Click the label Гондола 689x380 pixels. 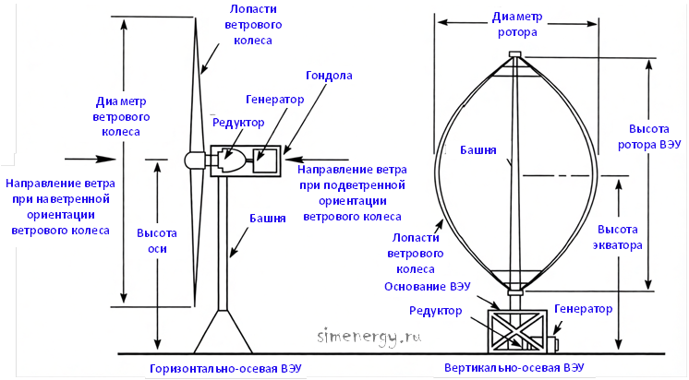(329, 76)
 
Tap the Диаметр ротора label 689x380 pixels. (517, 25)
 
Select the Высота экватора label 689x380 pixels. (617, 237)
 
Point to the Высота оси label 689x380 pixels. (157, 241)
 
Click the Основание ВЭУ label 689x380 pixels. (427, 287)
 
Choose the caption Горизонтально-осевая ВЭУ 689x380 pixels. (226, 369)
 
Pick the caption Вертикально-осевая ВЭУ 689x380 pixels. (514, 368)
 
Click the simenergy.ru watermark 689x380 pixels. (369, 337)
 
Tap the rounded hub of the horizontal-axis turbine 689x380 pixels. (194, 160)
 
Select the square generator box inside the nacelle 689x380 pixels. (265, 160)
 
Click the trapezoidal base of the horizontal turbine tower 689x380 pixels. (224, 331)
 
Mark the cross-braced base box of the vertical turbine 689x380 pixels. (517, 331)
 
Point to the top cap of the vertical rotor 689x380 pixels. (515, 54)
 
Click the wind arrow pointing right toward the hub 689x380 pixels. (91, 159)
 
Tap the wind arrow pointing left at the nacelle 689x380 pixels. (317, 160)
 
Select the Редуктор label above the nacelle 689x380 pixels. (238, 123)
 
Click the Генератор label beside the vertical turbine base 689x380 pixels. (583, 309)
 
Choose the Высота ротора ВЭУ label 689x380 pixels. (649, 137)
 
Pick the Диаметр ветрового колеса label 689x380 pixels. (121, 117)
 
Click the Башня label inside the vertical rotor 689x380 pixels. (478, 150)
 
